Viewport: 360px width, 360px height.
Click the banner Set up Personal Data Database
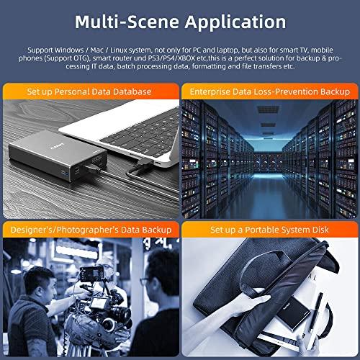point(90,92)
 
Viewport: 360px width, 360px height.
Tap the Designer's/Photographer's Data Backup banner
point(90,230)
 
